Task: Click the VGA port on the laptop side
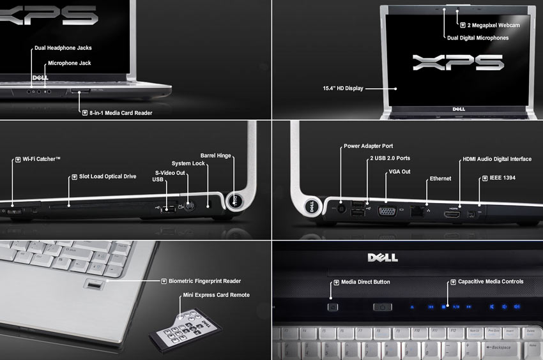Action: coord(387,211)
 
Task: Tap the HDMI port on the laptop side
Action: coord(452,214)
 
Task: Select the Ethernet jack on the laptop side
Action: coord(417,211)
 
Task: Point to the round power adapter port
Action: coord(341,209)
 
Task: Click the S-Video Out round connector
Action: coord(189,207)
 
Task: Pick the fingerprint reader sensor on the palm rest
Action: coord(94,285)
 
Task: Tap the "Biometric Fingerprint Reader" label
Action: coord(204,281)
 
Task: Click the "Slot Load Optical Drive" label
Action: coord(108,176)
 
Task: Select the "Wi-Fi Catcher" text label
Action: coord(42,159)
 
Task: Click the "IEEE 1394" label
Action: coord(503,177)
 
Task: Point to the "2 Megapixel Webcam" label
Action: coord(493,26)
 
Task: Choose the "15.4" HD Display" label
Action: coord(343,88)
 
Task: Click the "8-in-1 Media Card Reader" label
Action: coord(121,113)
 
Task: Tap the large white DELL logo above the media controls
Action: coord(383,257)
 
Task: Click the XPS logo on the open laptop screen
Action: coord(458,63)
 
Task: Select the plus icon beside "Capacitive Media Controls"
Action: coord(453,281)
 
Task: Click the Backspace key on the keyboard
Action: coord(500,347)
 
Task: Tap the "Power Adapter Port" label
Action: coord(368,146)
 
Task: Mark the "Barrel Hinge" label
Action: coord(215,156)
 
